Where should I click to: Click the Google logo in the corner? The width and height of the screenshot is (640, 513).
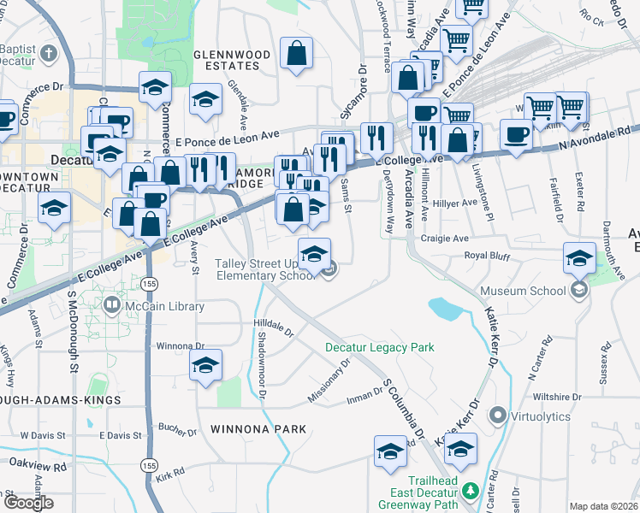click(29, 503)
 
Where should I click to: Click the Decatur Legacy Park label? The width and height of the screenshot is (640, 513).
click(379, 347)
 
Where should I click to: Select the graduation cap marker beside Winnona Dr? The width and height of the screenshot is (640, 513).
click(205, 365)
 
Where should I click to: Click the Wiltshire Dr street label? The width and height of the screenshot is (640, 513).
click(557, 398)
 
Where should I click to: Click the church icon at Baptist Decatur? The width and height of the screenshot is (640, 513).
click(50, 53)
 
